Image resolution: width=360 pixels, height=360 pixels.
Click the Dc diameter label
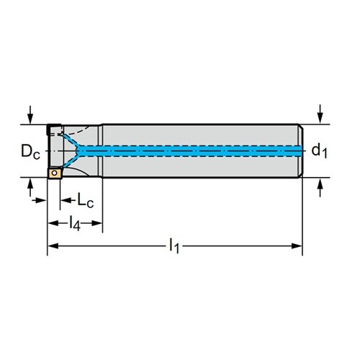pos(30,152)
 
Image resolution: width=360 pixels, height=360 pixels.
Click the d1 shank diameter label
pos(319,151)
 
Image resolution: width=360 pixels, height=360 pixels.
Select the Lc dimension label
pos(85,200)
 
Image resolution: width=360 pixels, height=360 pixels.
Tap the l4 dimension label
pos(75,224)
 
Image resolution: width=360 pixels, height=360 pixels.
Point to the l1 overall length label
pos(174,246)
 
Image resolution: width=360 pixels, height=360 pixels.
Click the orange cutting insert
pos(55,173)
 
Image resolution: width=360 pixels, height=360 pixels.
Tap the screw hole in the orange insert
pos(55,173)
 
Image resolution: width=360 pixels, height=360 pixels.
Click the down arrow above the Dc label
pos(30,114)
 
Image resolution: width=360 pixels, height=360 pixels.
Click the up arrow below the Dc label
pos(30,187)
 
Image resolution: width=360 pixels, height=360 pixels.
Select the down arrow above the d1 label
pos(320,114)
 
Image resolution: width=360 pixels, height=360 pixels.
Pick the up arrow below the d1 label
pos(320,187)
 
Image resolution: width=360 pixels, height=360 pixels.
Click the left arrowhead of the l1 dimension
pos(53,246)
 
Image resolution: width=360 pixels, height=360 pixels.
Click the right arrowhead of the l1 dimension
pos(297,246)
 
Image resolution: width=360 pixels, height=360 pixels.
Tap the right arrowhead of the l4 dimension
pos(96,223)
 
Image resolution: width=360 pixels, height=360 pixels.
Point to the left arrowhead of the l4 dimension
pos(53,223)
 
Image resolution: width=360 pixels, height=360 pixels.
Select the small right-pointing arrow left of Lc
pos(39,200)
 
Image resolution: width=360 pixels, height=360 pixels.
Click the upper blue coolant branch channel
pos(71,140)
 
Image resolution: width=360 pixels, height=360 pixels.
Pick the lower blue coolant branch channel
pos(71,161)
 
